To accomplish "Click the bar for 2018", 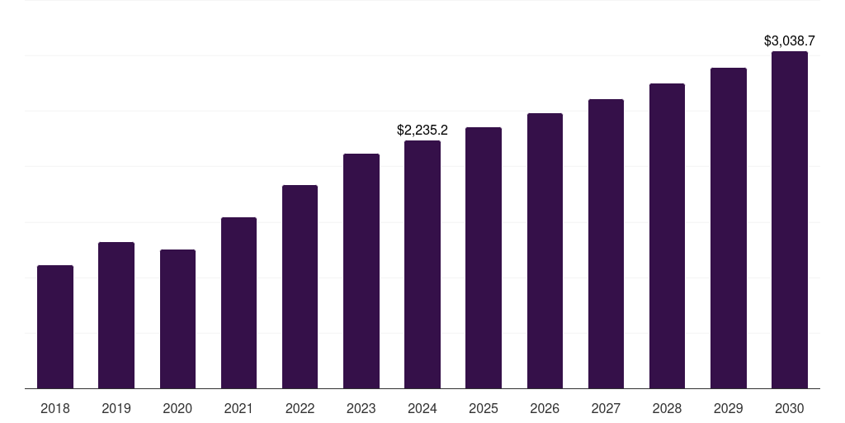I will click(x=55, y=326).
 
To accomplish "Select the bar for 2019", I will click(x=116, y=315).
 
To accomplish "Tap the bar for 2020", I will click(x=177, y=319).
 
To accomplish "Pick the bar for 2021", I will click(x=238, y=302).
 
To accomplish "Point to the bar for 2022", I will click(x=300, y=287).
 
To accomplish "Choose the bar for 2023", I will click(x=361, y=271).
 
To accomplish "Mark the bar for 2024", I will click(x=422, y=264).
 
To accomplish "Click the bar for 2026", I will click(x=545, y=250).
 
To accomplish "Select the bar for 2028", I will click(x=667, y=235).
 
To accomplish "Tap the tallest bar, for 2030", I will click(x=790, y=220).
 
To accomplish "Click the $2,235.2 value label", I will click(x=422, y=130).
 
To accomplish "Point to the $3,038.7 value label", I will click(x=790, y=40).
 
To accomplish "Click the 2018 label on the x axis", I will click(x=55, y=408).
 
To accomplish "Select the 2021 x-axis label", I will click(x=238, y=408).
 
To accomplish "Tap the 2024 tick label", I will click(x=422, y=408).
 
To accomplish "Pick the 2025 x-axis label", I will click(x=484, y=408).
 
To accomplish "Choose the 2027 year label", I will click(x=606, y=408).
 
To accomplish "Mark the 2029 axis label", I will click(x=729, y=408).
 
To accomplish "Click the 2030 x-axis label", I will click(x=790, y=408).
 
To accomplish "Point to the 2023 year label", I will click(x=361, y=408).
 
